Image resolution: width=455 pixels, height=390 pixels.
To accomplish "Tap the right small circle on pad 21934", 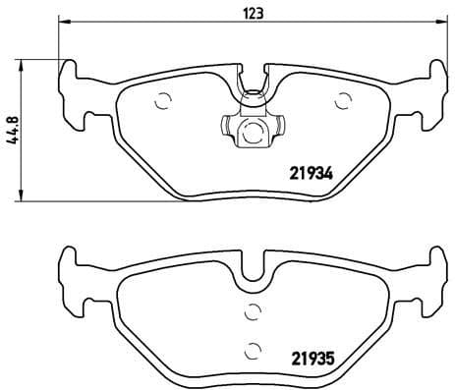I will click(343, 98).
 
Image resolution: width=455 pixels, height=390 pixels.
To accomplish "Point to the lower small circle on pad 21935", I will click(253, 346).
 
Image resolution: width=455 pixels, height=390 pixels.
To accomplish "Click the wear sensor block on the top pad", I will click(253, 128).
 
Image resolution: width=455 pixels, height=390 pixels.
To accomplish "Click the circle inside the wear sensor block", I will click(253, 129).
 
